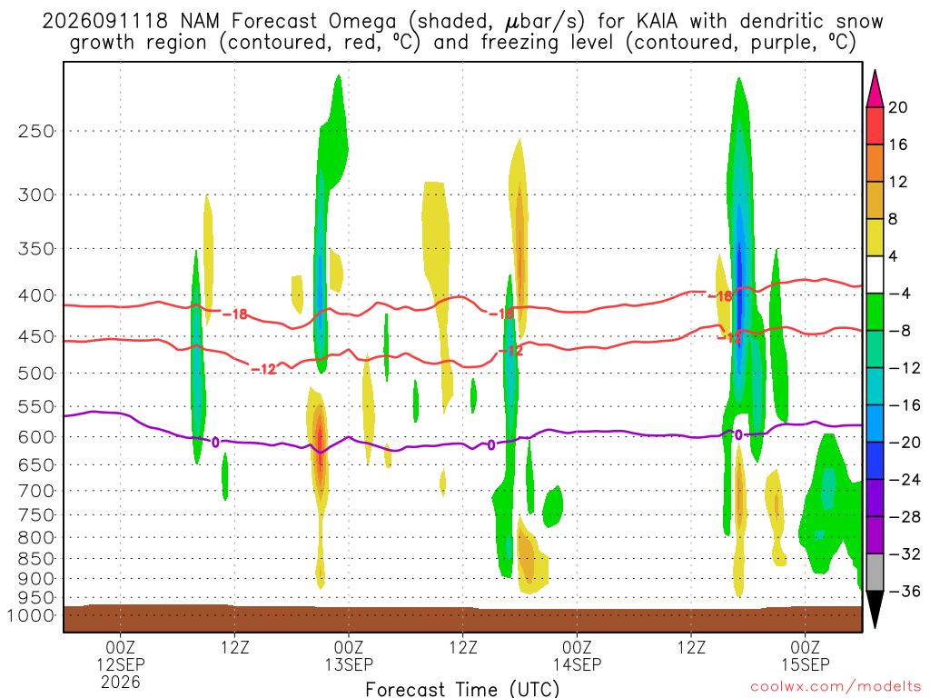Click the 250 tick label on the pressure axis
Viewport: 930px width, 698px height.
pyautogui.click(x=35, y=131)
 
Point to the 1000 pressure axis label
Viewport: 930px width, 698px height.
pyautogui.click(x=31, y=615)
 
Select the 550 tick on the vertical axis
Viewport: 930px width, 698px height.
pyautogui.click(x=35, y=407)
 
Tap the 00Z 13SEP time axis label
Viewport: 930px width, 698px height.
pyautogui.click(x=349, y=656)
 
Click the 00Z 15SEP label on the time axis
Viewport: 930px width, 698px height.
pyautogui.click(x=805, y=656)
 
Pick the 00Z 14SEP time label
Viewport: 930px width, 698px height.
pyautogui.click(x=577, y=656)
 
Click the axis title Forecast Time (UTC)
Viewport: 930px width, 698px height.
pyautogui.click(x=462, y=689)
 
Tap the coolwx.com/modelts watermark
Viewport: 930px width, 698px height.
pyautogui.click(x=836, y=687)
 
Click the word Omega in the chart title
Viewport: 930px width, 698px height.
pyautogui.click(x=361, y=22)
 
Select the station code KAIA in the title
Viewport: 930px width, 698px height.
pyautogui.click(x=657, y=21)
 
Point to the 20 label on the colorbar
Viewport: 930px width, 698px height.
pyautogui.click(x=898, y=107)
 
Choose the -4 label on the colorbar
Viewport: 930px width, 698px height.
pyautogui.click(x=899, y=294)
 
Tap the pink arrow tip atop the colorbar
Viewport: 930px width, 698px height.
pyautogui.click(x=875, y=71)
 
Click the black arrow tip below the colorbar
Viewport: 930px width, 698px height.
pyautogui.click(x=875, y=627)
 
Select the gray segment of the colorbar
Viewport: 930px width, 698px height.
pyautogui.click(x=875, y=573)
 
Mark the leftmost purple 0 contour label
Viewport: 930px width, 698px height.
pyautogui.click(x=215, y=443)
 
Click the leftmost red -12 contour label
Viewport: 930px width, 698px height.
pyautogui.click(x=264, y=369)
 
